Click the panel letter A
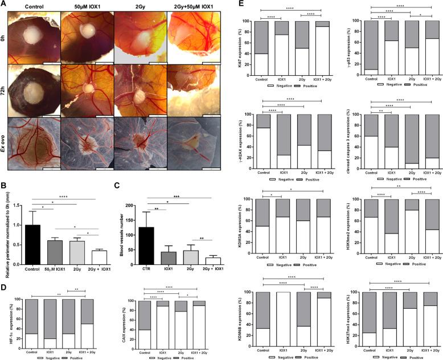pyautogui.click(x=4, y=4)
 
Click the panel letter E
pyautogui.click(x=236, y=4)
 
